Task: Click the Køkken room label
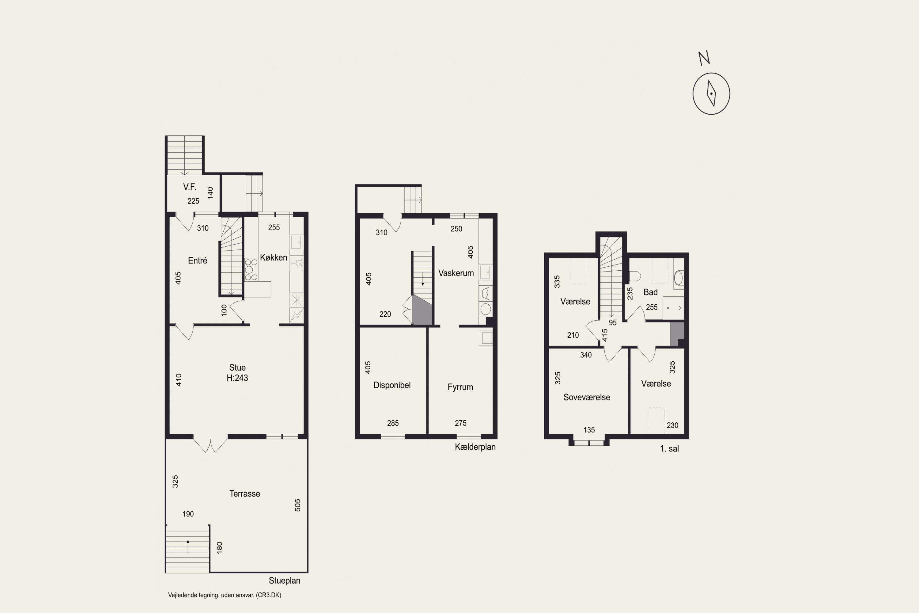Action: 274,257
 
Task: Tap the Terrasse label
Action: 244,493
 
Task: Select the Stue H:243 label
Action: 237,373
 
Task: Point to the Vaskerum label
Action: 456,273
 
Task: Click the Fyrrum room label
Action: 460,387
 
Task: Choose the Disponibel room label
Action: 392,385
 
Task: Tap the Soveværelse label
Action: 587,397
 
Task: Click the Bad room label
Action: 651,292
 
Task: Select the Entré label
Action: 197,260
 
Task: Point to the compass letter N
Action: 704,58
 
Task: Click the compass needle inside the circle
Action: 711,93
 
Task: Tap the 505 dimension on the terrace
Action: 297,505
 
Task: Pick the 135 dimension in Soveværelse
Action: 589,430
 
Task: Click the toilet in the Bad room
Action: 634,276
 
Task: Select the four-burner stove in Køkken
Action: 251,269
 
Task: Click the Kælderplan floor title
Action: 475,447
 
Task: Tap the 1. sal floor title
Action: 669,449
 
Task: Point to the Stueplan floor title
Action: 285,581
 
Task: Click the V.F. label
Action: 190,187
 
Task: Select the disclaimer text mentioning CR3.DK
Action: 225,595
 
